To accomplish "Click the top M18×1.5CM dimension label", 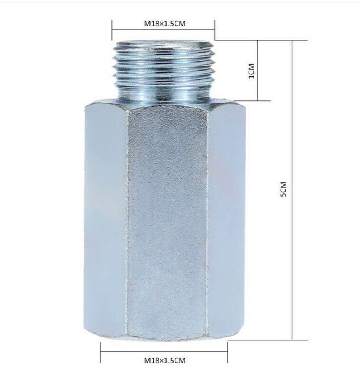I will coord(164,24).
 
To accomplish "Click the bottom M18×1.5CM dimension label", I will coord(164,360).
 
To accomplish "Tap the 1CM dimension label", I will coord(251,71).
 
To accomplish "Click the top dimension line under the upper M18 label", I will coord(164,30).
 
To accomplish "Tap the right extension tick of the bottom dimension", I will coord(228,352).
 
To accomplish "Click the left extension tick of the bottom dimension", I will coord(101,352).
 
